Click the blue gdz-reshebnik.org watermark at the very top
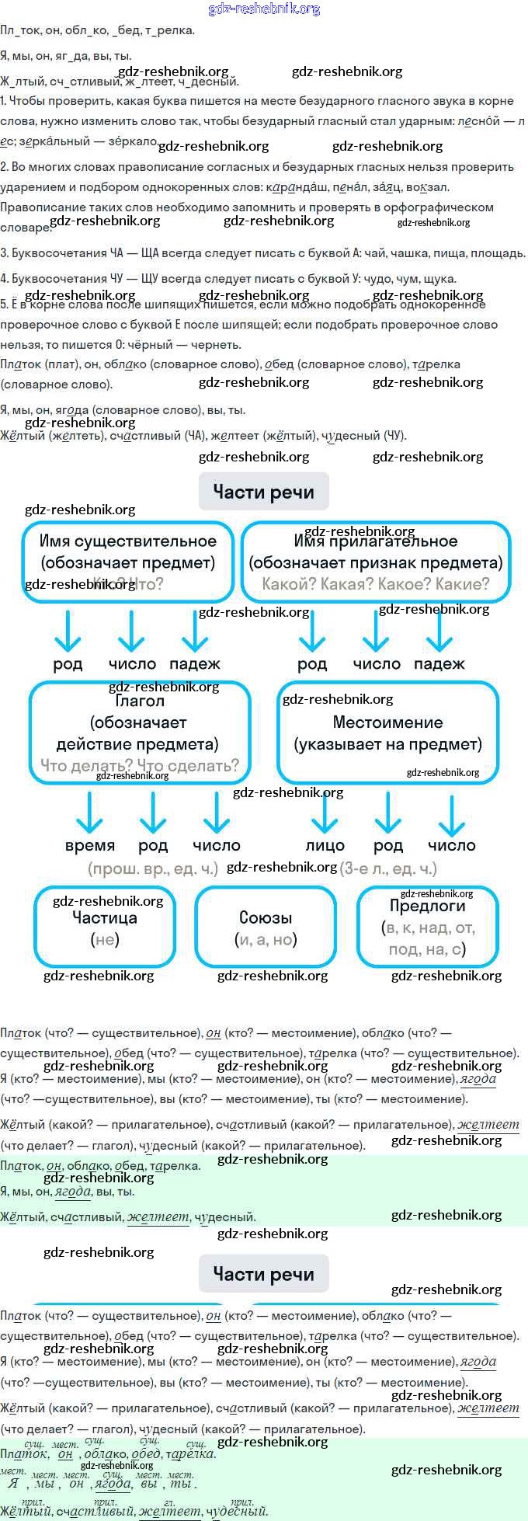tap(264, 9)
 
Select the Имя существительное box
tap(128, 562)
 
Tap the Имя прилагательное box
tap(376, 562)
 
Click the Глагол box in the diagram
tap(140, 733)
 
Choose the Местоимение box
tap(387, 733)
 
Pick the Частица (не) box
tap(105, 928)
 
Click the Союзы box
tap(266, 928)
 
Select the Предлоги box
tap(427, 926)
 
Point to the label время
tap(90, 845)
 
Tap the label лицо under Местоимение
tap(325, 845)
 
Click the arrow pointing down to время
tap(90, 812)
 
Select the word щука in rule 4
tap(440, 279)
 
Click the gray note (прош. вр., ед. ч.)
tap(153, 868)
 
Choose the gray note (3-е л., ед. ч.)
tap(388, 868)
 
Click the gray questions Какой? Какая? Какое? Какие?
tap(376, 584)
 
